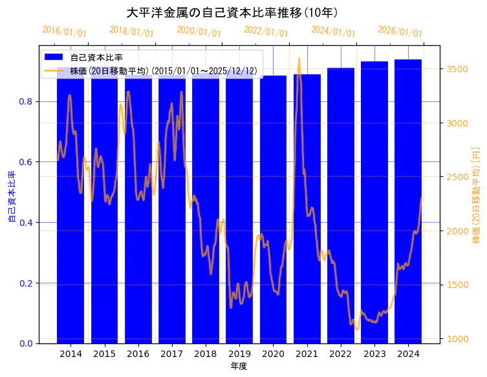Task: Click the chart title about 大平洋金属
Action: [232, 13]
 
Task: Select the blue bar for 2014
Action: [70, 258]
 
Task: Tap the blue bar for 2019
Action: [239, 258]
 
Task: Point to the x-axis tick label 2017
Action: [172, 354]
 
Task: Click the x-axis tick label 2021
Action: [307, 354]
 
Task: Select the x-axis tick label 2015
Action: [104, 354]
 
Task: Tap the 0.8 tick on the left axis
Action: [26, 101]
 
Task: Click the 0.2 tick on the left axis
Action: [26, 283]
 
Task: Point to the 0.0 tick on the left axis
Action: [26, 343]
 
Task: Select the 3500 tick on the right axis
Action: [457, 68]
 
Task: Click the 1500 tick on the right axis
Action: [457, 285]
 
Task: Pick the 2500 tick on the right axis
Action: [457, 177]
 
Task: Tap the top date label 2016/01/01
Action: [64, 31]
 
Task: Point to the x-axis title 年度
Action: [239, 366]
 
